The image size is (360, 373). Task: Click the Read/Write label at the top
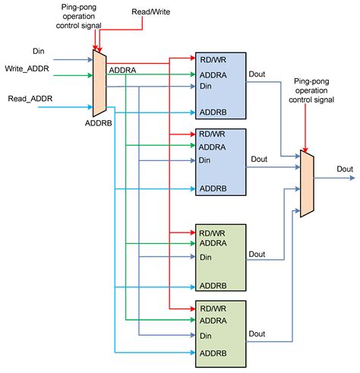[151, 11]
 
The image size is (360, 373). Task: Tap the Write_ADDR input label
[27, 68]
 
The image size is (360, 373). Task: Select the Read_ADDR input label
[30, 99]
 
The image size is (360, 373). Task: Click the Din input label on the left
[39, 51]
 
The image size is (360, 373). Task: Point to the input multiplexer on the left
[99, 83]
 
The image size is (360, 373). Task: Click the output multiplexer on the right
[307, 184]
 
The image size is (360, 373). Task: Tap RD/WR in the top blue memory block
[213, 60]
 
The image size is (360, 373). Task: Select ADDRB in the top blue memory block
[213, 112]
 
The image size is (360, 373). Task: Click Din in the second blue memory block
[204, 160]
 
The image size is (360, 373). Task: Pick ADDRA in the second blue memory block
[212, 147]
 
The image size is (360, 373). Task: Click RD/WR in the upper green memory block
[212, 233]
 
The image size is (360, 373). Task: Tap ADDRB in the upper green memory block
[213, 286]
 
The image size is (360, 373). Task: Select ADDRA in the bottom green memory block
[213, 321]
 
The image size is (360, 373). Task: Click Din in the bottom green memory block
[205, 336]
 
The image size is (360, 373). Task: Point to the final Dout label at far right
[345, 169]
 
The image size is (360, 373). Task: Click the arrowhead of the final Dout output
[352, 178]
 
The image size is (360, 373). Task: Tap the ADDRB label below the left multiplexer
[98, 123]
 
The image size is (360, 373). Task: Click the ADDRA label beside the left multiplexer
[122, 70]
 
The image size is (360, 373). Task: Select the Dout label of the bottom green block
[257, 334]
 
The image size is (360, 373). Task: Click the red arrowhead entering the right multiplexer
[305, 150]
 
